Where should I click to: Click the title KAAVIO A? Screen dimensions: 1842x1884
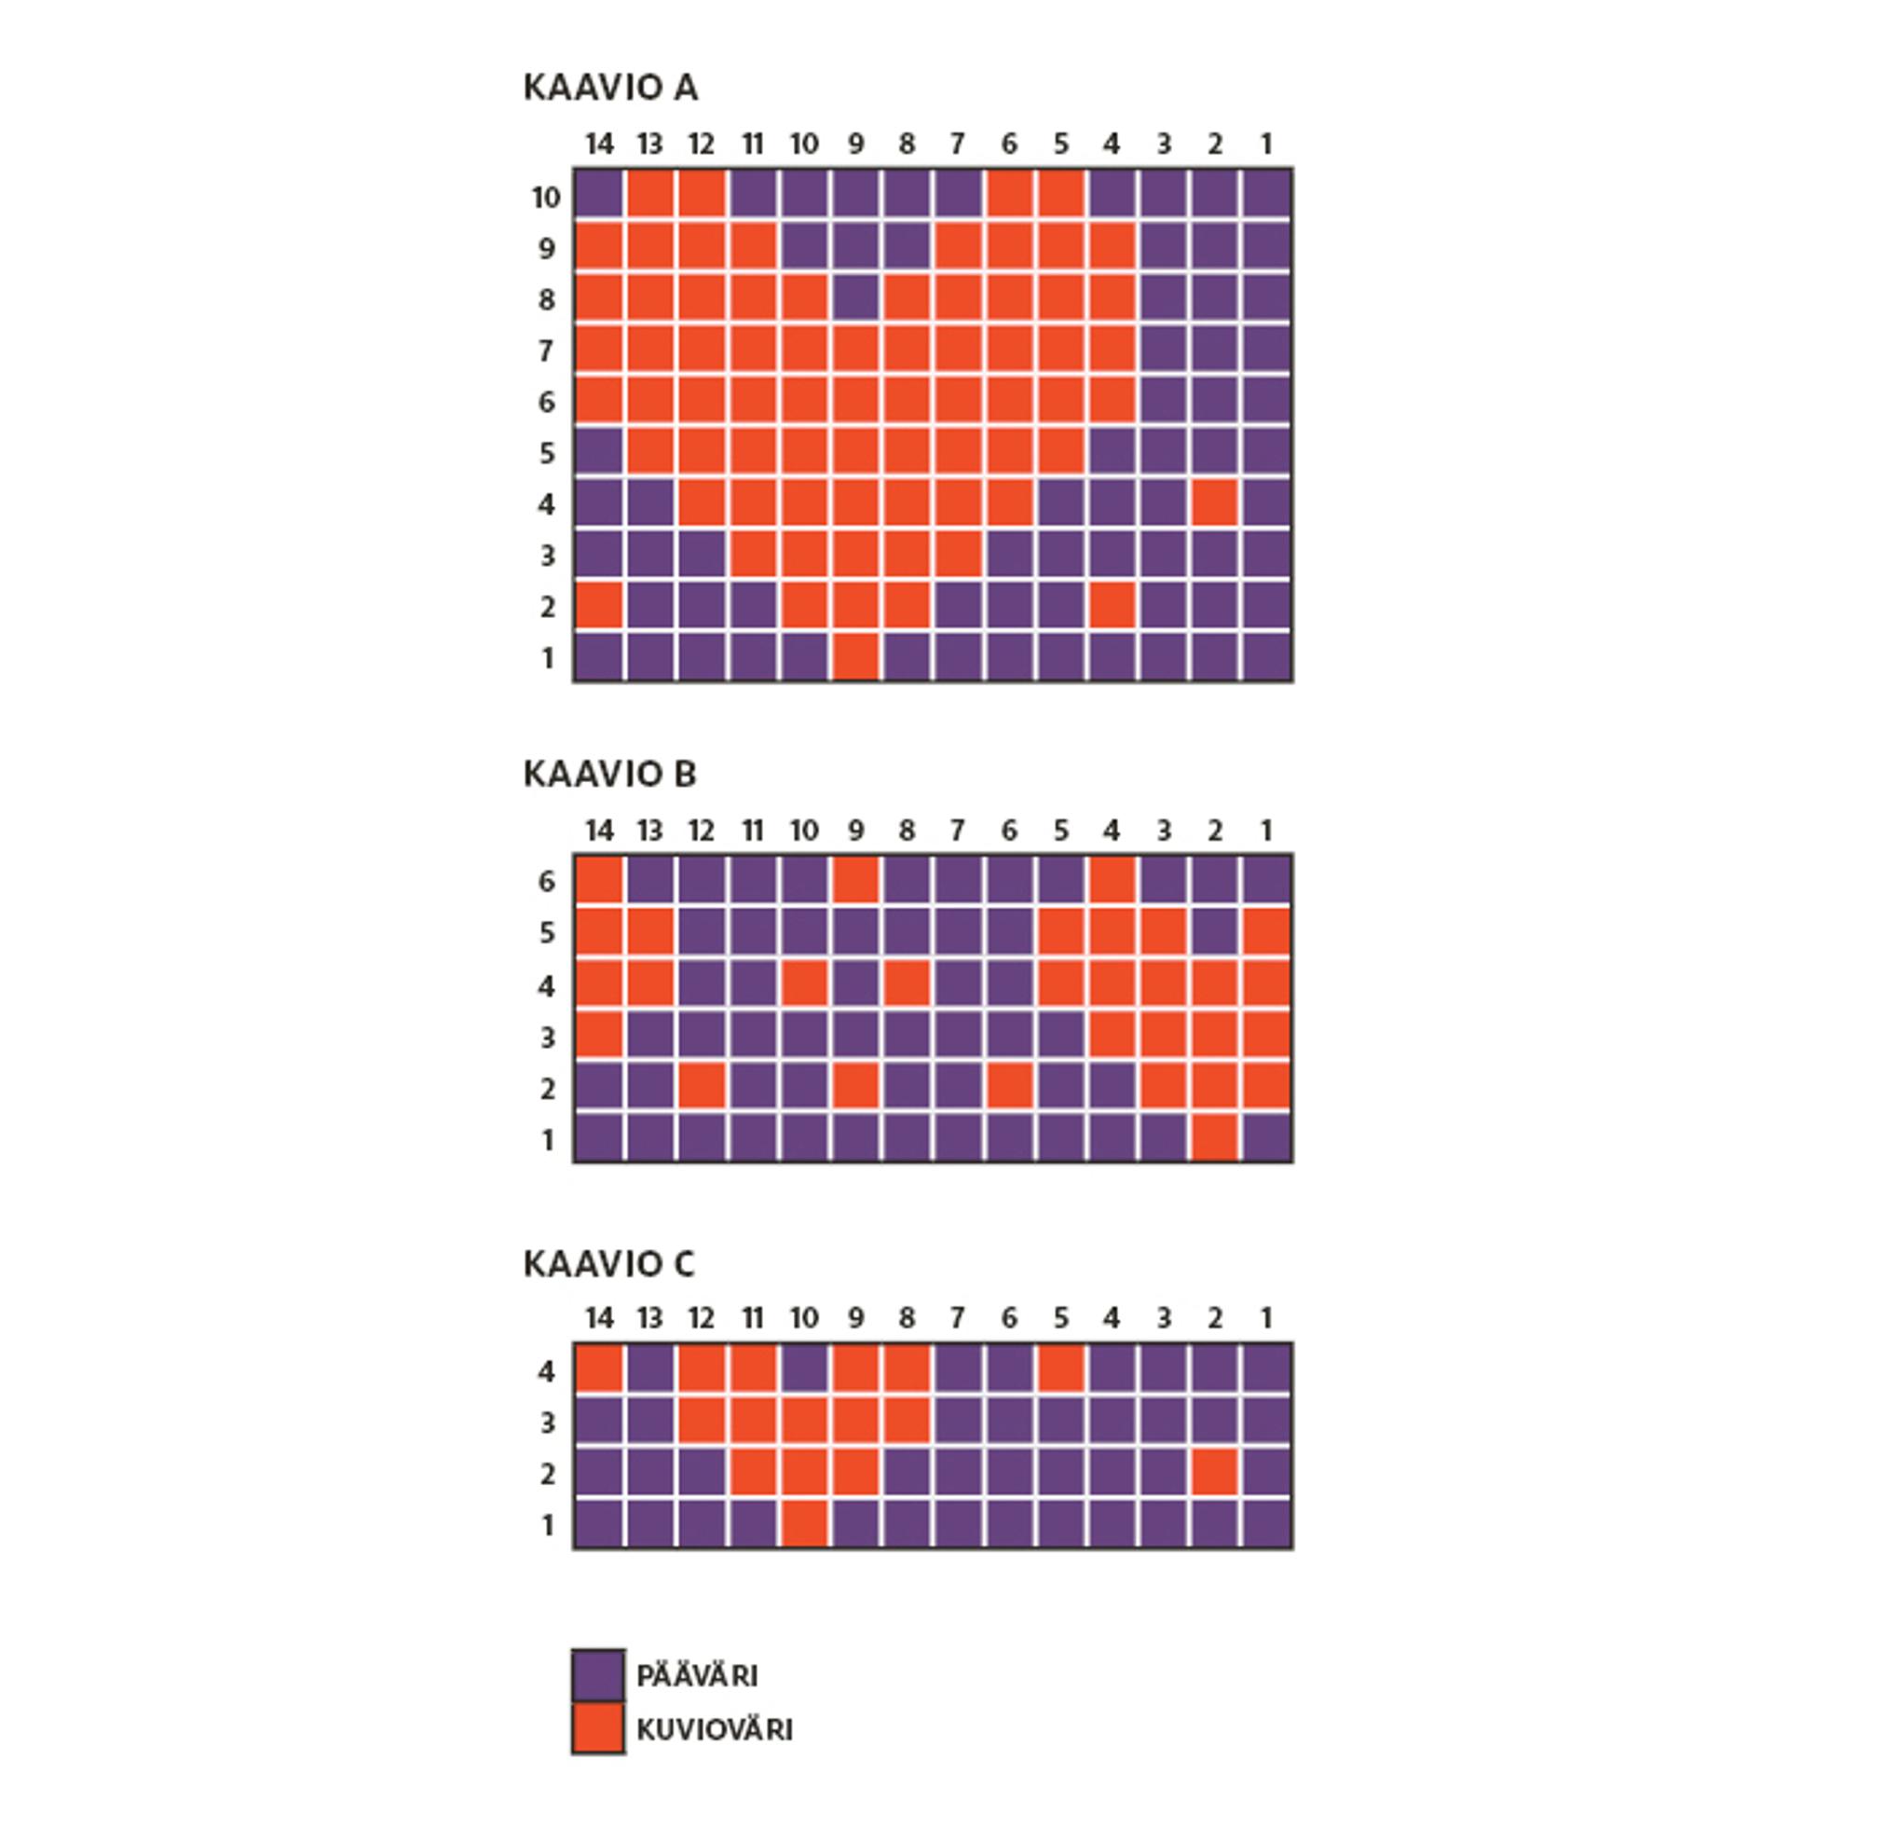point(609,88)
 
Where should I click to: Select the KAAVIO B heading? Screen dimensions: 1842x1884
point(609,774)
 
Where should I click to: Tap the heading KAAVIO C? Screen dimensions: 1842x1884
point(608,1263)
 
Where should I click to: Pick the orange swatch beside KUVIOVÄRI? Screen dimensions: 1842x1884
point(597,1729)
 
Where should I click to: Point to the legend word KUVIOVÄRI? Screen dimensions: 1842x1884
point(715,1730)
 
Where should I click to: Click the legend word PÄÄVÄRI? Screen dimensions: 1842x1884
point(697,1675)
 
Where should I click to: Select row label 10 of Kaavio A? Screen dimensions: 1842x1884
point(545,198)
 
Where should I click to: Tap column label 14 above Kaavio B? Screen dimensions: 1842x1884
point(600,830)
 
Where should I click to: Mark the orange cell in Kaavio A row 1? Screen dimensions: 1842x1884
point(855,658)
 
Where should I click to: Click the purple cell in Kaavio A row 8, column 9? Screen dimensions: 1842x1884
point(855,299)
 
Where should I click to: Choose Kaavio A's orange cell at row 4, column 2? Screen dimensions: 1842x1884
point(1215,504)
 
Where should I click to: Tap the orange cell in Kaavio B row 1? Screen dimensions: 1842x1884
point(1215,1139)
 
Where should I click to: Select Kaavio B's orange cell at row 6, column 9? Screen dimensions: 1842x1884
point(855,881)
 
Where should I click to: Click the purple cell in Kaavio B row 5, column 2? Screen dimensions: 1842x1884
point(1215,932)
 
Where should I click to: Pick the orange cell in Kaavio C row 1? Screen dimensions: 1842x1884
point(804,1525)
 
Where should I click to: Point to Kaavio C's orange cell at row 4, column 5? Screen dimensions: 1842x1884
point(1061,1371)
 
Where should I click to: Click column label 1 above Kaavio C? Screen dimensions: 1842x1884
point(1266,1318)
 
